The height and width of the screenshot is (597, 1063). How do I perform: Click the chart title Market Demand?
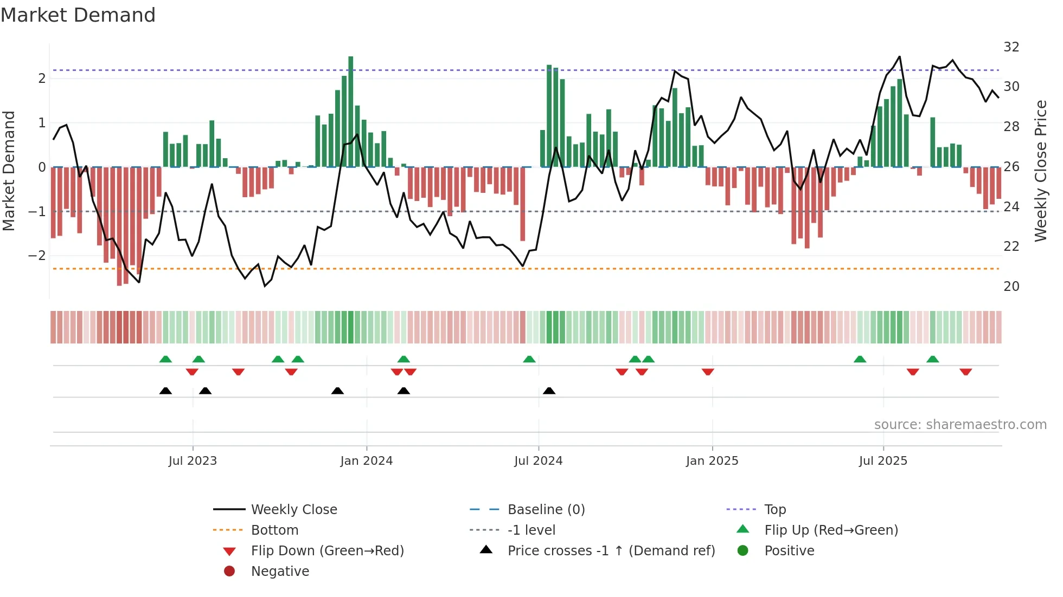click(78, 15)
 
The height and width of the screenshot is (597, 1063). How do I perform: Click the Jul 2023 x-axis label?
click(193, 461)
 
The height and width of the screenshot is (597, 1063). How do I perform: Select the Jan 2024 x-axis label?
click(366, 461)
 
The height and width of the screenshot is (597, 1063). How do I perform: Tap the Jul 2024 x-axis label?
click(538, 461)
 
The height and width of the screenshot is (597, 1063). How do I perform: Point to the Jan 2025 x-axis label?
click(712, 461)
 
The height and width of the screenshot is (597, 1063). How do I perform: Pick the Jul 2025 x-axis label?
click(883, 461)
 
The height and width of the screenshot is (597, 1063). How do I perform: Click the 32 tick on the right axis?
click(1011, 47)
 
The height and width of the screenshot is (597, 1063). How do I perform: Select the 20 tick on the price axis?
click(1011, 287)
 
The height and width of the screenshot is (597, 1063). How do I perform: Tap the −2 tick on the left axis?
click(37, 256)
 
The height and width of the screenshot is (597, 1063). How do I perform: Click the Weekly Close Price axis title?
click(1040, 171)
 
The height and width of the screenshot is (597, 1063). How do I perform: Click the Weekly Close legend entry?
click(293, 510)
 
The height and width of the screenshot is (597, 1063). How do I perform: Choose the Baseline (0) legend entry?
click(546, 510)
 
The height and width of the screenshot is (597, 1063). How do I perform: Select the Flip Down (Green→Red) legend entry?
click(327, 551)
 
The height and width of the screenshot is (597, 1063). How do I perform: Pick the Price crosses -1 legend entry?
click(611, 551)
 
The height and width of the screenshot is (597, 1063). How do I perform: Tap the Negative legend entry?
click(280, 572)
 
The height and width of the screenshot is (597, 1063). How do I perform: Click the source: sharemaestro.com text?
click(960, 425)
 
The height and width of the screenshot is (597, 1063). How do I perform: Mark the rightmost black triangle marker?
click(549, 391)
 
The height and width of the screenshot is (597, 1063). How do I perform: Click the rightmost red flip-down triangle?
click(965, 372)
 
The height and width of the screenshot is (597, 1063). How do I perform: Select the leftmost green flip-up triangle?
click(165, 359)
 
